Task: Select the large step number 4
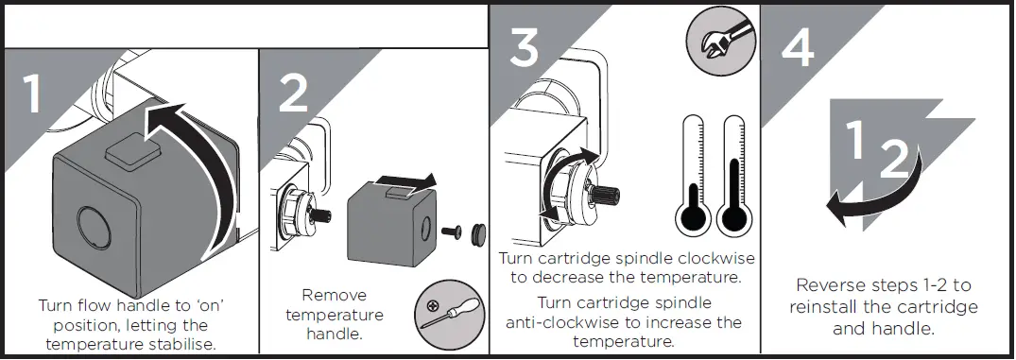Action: pos(796,44)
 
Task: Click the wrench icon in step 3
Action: pos(710,42)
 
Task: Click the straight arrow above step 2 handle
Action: pos(404,180)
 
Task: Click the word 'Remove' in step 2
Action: pos(335,295)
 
